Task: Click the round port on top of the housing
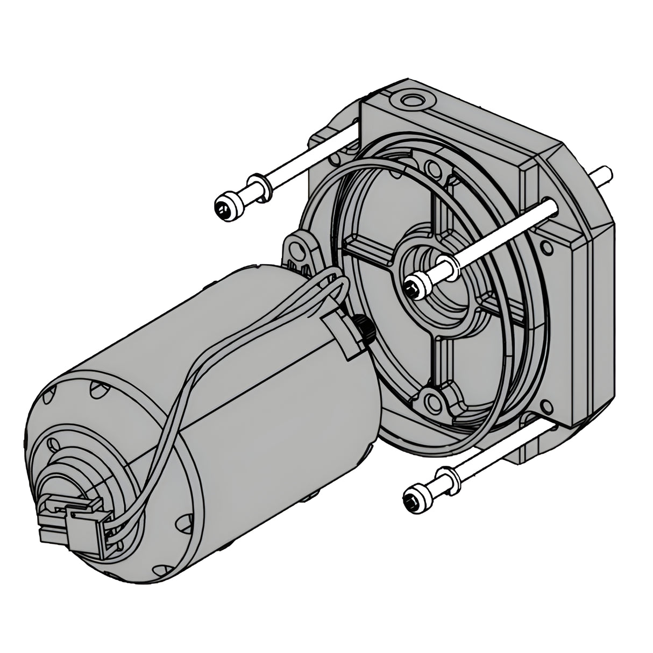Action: tap(411, 101)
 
